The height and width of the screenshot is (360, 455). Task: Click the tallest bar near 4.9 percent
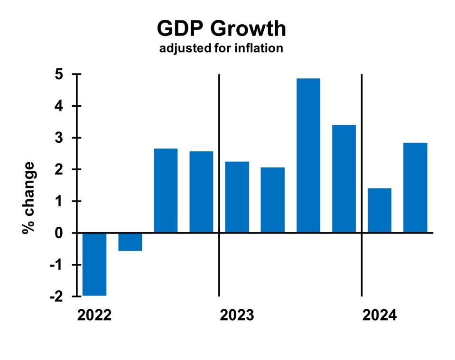[308, 156]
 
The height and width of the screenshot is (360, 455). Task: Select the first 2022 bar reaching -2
[94, 264]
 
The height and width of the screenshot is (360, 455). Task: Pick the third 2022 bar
[166, 191]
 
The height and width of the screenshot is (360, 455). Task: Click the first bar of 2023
[237, 197]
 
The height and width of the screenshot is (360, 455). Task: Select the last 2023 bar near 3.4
[344, 179]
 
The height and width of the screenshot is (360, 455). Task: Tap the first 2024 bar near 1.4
[380, 210]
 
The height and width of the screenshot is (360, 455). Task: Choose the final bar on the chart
[415, 187]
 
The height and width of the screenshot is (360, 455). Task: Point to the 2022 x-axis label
[94, 315]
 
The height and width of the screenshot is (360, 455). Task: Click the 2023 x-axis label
[237, 315]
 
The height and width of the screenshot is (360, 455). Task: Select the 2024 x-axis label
[379, 315]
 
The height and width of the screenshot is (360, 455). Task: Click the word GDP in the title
[179, 29]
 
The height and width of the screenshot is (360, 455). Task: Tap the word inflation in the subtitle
[259, 48]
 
